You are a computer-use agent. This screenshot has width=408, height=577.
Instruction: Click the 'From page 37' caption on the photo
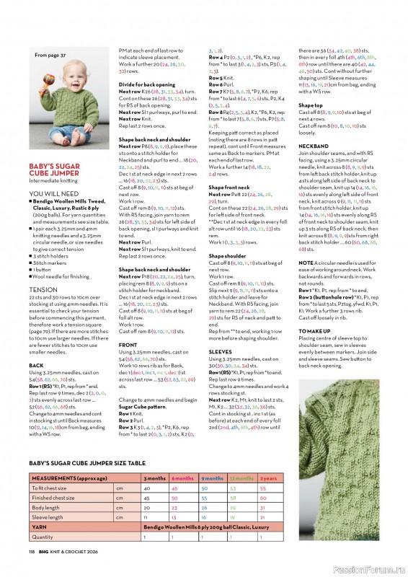pos(50,55)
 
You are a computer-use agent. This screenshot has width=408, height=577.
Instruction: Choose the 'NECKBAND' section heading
pos(313,145)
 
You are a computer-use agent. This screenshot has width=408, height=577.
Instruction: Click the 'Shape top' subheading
pos(310,105)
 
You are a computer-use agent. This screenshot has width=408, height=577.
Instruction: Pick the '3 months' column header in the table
pos(155,478)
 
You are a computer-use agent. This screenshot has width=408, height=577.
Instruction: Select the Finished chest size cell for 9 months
pos(212,498)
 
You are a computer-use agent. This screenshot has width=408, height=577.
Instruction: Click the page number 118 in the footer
pos(32,552)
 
